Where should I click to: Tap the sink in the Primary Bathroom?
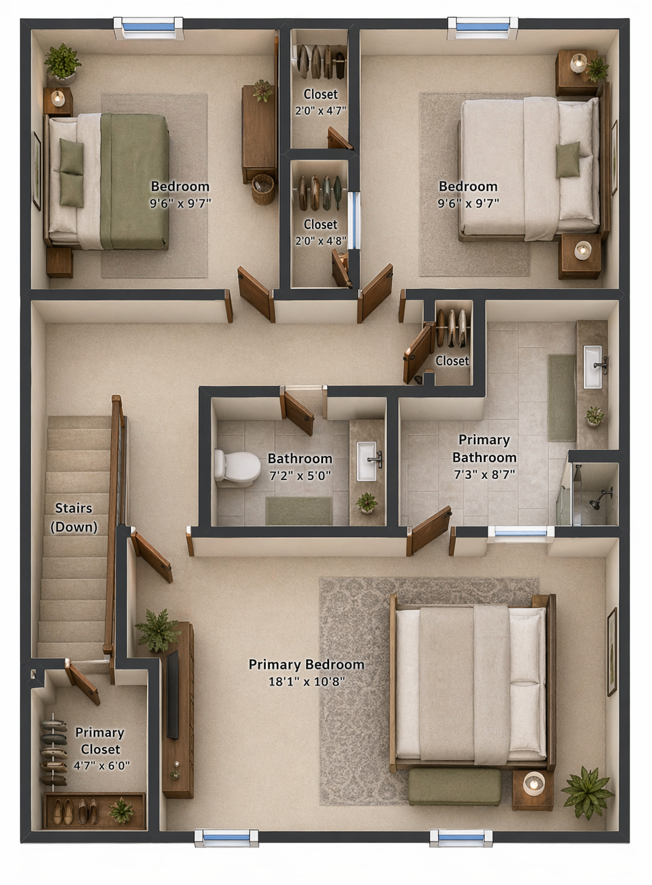point(593,366)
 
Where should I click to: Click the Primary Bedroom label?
point(306,664)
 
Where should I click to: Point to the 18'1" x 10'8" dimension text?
point(306,682)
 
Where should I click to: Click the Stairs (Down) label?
point(74,518)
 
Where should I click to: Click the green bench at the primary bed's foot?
point(454,786)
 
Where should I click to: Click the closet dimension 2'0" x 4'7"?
point(320,111)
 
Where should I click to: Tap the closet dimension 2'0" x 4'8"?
point(320,240)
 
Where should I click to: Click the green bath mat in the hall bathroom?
point(299,511)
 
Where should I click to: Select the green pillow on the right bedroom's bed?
point(568,160)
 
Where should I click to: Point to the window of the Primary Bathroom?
point(521,533)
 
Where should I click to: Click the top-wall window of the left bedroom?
point(148,27)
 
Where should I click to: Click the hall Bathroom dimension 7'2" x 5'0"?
point(300,476)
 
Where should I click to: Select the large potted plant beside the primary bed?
point(587,791)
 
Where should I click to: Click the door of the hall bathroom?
point(298,413)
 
